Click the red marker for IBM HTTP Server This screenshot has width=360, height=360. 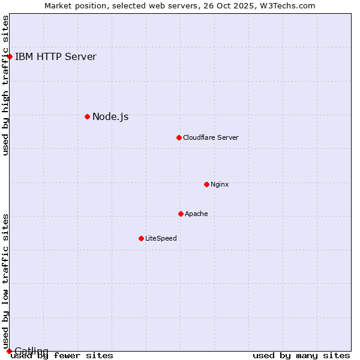click(x=10, y=56)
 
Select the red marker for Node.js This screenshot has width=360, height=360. click(x=87, y=116)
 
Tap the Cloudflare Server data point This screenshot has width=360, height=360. click(x=179, y=137)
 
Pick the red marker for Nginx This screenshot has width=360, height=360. click(x=206, y=184)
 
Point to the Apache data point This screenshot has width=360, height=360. click(x=181, y=214)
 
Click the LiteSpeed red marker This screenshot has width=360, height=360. click(x=141, y=238)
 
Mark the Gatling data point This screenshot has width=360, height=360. click(x=9, y=351)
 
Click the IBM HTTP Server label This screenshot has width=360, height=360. click(x=55, y=57)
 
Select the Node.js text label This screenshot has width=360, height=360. click(x=110, y=116)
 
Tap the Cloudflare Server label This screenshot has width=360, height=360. click(x=211, y=137)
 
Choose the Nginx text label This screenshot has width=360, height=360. click(x=220, y=184)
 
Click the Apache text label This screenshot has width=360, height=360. click(x=196, y=214)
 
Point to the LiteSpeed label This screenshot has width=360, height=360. click(x=161, y=238)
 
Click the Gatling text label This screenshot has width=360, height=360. click(x=31, y=351)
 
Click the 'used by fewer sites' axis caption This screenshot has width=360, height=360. click(x=62, y=355)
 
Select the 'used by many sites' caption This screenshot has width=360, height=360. click(x=301, y=355)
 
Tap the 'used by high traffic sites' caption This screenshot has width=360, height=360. click(x=5, y=85)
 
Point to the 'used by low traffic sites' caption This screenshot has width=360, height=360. click(x=5, y=281)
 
